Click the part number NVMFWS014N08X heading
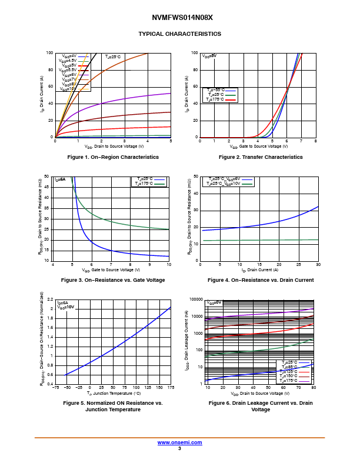tap(180, 18)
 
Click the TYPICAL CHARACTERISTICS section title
tap(180, 34)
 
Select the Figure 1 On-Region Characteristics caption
tap(113, 157)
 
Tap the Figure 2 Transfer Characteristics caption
tap(261, 157)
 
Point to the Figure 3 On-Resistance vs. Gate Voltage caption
tap(113, 280)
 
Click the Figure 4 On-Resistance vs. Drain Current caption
tap(261, 280)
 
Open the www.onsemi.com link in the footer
tap(180, 442)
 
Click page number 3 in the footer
tap(179, 448)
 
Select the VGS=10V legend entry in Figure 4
tap(229, 184)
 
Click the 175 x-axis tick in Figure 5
tap(171, 388)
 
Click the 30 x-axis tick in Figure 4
tap(318, 265)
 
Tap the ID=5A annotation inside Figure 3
tap(60, 179)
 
